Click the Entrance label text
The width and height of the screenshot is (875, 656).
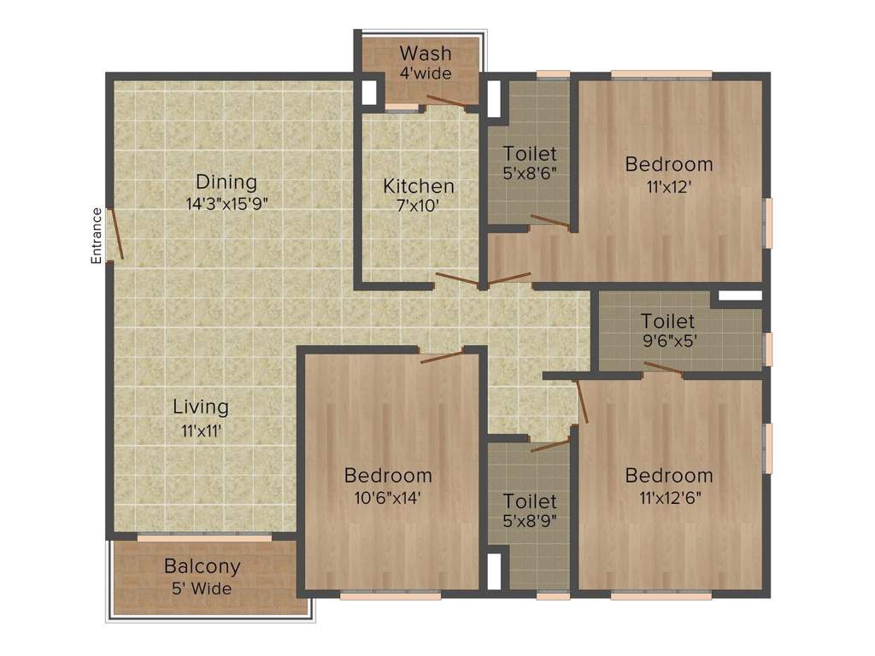click(97, 235)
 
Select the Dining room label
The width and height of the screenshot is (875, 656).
click(226, 182)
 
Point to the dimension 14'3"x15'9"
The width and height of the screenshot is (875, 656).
click(226, 203)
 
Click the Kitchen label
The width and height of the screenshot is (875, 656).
click(418, 185)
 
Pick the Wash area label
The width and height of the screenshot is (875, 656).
click(426, 54)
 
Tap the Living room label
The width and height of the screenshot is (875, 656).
click(201, 407)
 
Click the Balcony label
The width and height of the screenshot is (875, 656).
click(203, 566)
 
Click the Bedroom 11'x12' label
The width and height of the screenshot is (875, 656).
click(668, 163)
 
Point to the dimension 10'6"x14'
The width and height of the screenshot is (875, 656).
click(388, 496)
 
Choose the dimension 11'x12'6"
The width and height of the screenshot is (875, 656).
click(668, 496)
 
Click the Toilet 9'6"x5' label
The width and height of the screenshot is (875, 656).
click(668, 322)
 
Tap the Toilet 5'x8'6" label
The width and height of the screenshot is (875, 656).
click(530, 154)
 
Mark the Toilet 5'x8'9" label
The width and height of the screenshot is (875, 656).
click(530, 501)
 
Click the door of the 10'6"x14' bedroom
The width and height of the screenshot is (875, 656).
click(442, 356)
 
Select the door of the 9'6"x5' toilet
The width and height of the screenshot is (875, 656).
click(663, 368)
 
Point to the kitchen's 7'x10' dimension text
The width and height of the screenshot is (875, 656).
click(418, 206)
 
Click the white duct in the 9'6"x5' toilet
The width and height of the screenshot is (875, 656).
click(739, 296)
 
